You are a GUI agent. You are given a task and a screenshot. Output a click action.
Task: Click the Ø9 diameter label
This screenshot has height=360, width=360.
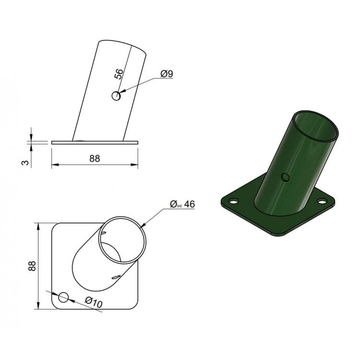(167, 73)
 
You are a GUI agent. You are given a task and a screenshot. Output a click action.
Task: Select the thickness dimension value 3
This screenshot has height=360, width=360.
(26, 163)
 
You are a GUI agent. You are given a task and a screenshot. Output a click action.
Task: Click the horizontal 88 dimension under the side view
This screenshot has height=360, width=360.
(95, 159)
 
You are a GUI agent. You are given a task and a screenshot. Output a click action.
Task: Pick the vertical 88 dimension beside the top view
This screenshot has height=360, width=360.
(32, 266)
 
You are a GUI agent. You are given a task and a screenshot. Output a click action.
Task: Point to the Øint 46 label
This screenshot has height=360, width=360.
(182, 204)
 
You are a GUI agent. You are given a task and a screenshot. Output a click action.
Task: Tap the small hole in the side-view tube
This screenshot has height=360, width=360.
(117, 96)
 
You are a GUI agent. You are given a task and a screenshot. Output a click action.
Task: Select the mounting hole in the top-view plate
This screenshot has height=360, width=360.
(63, 298)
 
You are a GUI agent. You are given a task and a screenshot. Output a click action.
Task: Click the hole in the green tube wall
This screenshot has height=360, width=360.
(285, 177)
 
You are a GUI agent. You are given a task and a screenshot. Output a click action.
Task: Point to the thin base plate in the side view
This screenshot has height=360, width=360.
(95, 142)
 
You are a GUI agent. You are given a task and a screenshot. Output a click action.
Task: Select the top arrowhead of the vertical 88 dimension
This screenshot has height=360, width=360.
(37, 225)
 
